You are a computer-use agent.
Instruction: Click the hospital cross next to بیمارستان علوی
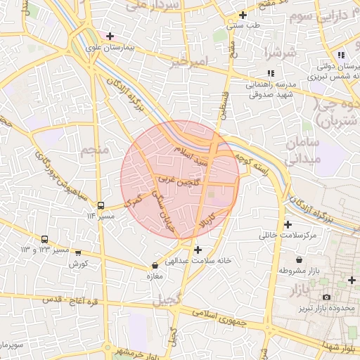tap(110, 36)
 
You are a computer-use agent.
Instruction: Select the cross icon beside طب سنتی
tap(243, 15)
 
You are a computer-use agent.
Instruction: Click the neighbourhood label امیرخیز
tap(190, 63)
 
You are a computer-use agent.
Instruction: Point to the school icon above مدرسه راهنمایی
tap(271, 73)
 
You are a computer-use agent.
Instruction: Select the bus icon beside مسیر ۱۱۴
tap(101, 206)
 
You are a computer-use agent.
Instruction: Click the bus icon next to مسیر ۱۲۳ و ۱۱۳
tap(45, 240)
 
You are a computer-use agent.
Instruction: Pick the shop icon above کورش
tap(77, 253)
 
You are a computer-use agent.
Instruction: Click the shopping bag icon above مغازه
tap(155, 266)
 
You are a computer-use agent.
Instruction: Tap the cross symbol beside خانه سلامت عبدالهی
tap(198, 250)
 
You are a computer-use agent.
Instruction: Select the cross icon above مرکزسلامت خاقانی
tap(287, 225)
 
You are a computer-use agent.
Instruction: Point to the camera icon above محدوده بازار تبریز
tap(326, 298)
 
